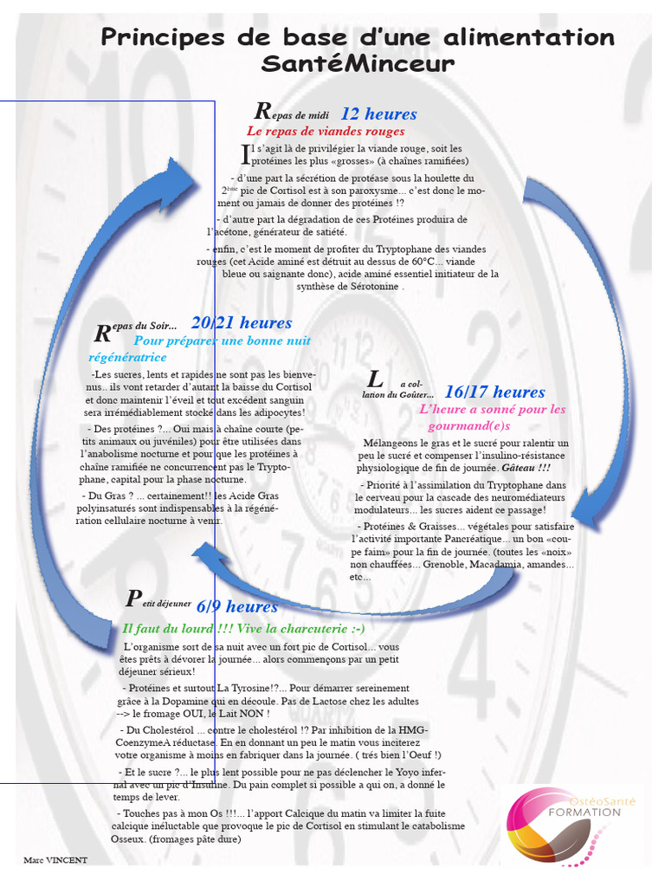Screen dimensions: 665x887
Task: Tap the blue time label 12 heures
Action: click(378, 113)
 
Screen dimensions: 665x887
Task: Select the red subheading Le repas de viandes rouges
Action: click(326, 132)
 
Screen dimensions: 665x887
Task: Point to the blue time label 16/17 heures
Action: click(494, 392)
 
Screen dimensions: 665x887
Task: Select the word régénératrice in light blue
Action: click(127, 357)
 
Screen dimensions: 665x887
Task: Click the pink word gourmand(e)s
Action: click(469, 426)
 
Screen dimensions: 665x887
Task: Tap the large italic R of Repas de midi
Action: click(262, 112)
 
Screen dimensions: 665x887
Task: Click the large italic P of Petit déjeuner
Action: click(132, 599)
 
